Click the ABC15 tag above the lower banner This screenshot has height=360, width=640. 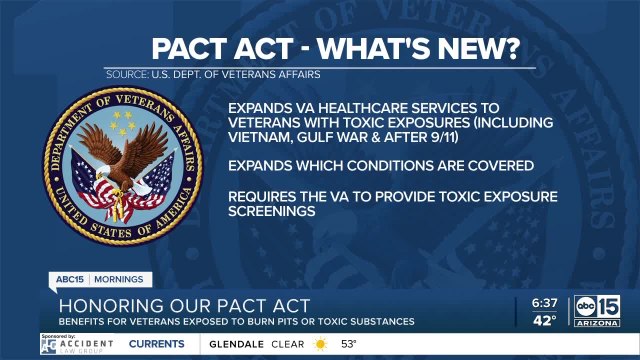(68, 279)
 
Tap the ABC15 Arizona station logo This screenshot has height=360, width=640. (596, 310)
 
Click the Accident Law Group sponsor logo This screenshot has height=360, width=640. (77, 344)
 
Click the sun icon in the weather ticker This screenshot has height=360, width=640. (320, 344)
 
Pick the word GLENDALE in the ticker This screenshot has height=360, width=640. (235, 344)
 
